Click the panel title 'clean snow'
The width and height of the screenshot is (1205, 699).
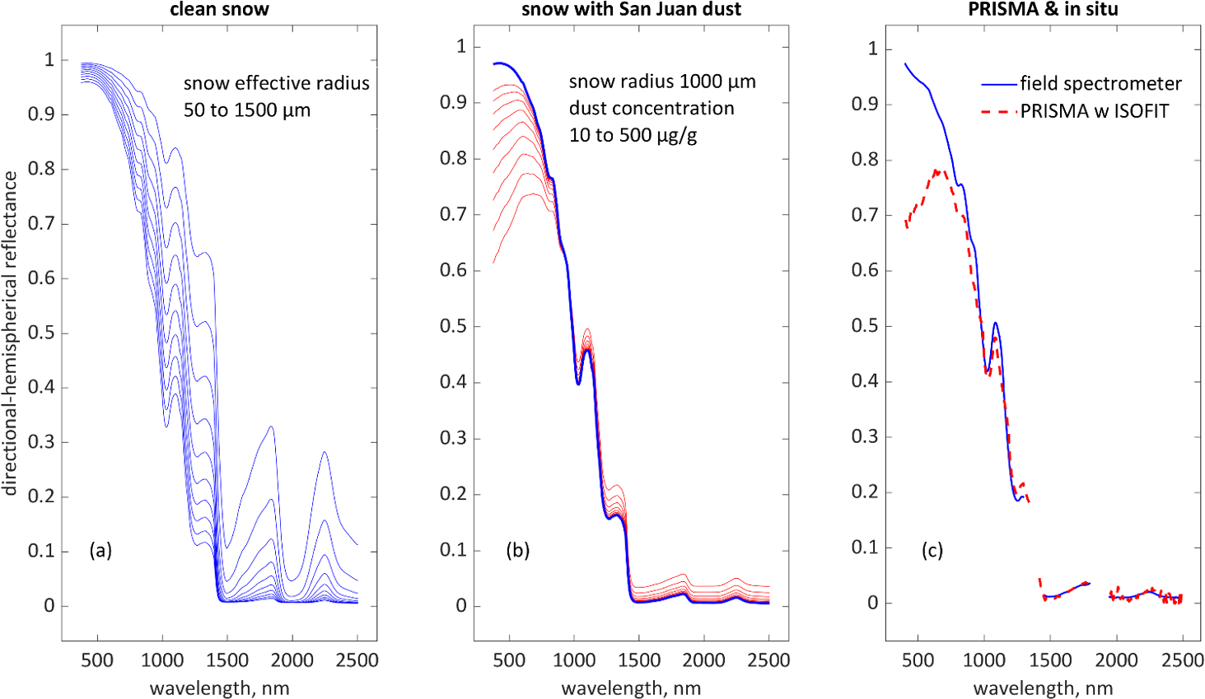[219, 10]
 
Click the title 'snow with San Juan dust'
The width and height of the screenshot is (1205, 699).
[631, 10]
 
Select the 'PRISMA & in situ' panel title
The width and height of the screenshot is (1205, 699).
[1043, 10]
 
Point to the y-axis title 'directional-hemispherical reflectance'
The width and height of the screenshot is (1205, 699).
[10, 333]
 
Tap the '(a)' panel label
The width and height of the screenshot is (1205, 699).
[100, 551]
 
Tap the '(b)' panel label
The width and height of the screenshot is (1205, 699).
[517, 551]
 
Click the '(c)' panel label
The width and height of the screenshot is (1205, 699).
[932, 551]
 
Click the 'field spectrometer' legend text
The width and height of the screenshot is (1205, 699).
[1100, 84]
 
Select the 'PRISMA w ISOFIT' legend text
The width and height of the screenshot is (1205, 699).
[1095, 111]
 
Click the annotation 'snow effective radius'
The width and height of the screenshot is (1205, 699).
[276, 83]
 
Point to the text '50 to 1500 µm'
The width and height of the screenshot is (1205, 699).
[247, 110]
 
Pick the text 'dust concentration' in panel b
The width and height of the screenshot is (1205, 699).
[652, 109]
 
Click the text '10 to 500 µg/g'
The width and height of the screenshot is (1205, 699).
[633, 135]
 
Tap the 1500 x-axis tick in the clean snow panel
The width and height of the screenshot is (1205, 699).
[227, 660]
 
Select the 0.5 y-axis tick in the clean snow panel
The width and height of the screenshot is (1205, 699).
[40, 333]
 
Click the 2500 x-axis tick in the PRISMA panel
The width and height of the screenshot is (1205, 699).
[1182, 660]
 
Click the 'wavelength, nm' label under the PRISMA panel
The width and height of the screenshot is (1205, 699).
[1043, 688]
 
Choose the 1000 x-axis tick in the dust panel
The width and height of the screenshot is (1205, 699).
[574, 660]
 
